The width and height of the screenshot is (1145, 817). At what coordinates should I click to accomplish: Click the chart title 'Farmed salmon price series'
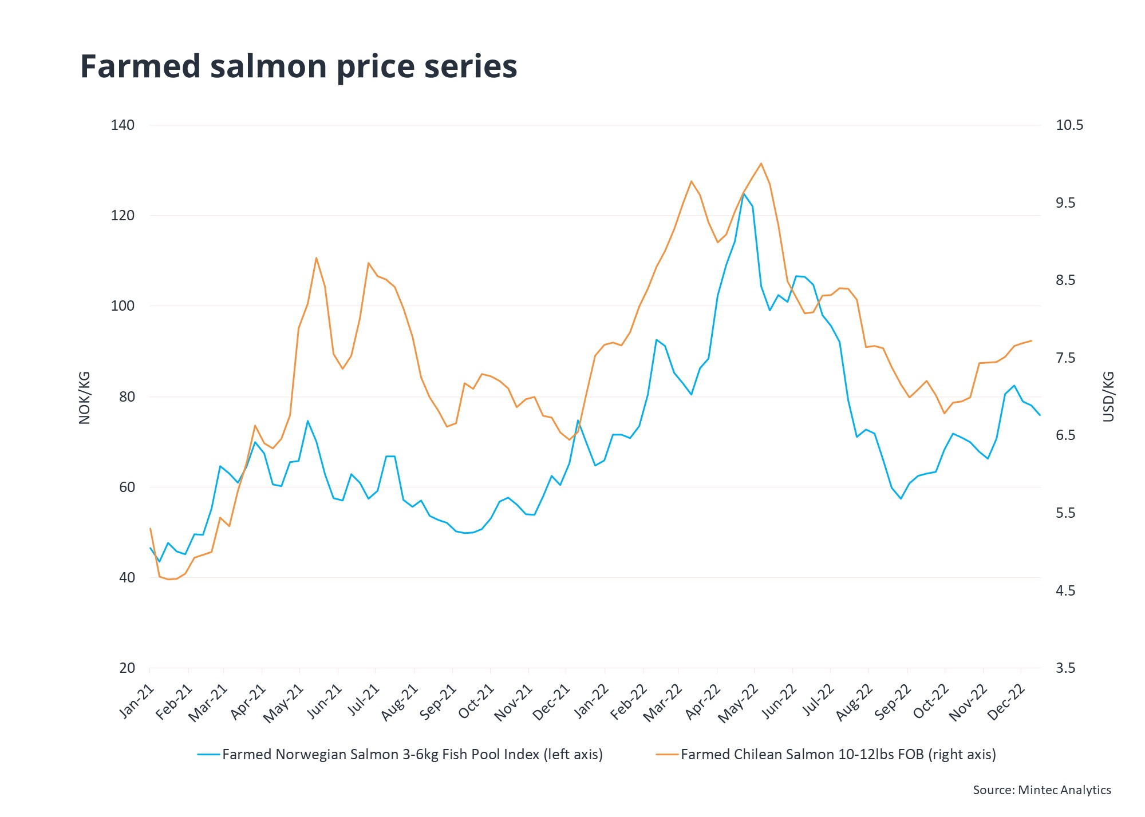coord(298,66)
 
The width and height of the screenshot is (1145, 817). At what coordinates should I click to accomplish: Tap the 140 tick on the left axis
coord(123,125)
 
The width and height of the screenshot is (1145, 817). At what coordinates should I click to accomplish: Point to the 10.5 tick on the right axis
coord(1069,125)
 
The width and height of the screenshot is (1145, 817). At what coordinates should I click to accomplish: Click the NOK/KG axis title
coord(85,398)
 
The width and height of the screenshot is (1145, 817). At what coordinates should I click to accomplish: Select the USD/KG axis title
coord(1108,396)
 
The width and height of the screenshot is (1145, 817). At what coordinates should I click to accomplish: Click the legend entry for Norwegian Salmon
coord(401,755)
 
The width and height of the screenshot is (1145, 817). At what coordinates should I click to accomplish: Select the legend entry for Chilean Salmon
coord(827,755)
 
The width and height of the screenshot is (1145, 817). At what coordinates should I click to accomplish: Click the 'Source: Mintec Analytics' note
coord(1042,790)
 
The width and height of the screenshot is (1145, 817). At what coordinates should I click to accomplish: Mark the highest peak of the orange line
coord(761,164)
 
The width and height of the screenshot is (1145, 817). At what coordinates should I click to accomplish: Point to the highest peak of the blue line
coord(744,193)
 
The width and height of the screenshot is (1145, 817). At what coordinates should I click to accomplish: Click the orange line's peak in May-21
coord(316,257)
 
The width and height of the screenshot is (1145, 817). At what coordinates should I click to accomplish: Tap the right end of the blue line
coord(1040,415)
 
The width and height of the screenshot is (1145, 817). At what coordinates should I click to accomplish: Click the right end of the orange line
coord(1031,341)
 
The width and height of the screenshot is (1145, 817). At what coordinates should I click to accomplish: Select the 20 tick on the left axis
coord(128,668)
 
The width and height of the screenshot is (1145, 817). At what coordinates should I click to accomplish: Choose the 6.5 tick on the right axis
coord(1065,435)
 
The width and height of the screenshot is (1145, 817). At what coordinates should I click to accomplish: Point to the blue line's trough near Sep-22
coord(901,498)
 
